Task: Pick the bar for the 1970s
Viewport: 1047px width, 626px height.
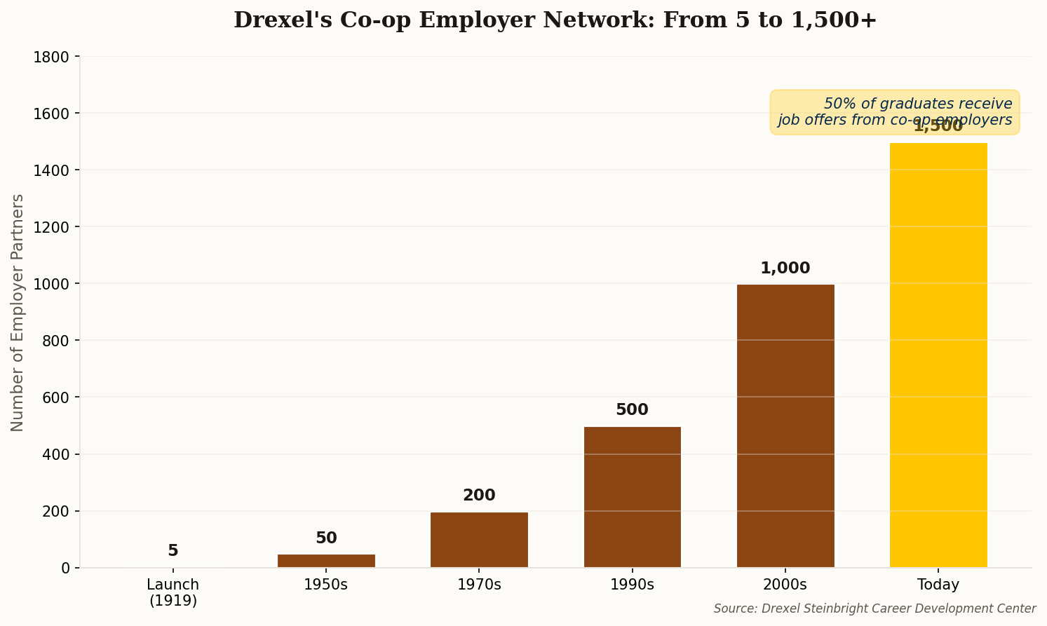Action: coord(479,539)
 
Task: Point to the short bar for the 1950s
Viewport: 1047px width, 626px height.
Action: coord(326,560)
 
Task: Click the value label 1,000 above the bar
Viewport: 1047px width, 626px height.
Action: coord(785,268)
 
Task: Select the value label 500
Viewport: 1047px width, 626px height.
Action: coord(632,410)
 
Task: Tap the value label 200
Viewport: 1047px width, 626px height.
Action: coord(479,496)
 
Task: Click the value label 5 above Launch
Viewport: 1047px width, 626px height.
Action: coord(173,551)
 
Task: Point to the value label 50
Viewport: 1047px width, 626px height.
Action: coord(326,538)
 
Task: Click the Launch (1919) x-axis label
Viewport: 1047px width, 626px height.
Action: coord(173,592)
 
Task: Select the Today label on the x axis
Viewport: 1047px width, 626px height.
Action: coord(938,585)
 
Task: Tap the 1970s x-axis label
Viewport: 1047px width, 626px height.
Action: coord(479,585)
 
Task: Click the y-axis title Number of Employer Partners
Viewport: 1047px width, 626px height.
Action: coord(18,313)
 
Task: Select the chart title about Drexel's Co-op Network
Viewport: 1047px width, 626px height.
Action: coord(555,20)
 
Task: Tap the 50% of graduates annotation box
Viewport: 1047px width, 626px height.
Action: coord(895,111)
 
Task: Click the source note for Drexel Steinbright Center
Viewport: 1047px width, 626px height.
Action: coord(874,608)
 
